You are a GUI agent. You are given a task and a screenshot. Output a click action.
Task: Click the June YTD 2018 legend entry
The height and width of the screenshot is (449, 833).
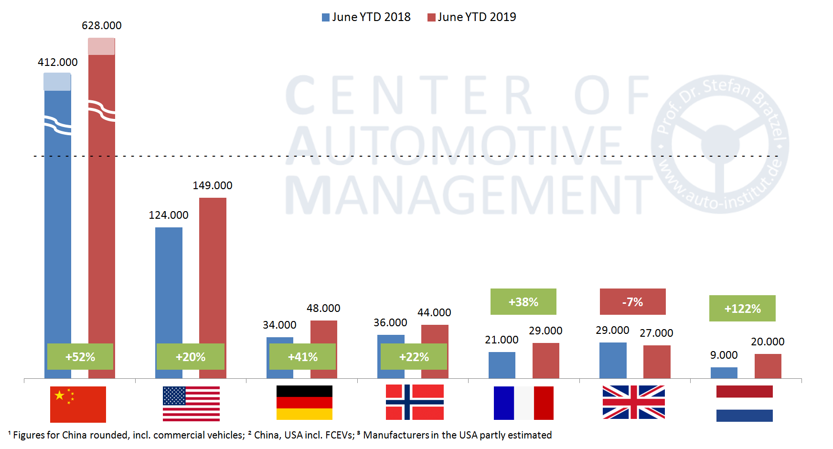(366, 17)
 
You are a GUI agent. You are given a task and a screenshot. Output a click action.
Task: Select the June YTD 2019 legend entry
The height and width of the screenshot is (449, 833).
(472, 17)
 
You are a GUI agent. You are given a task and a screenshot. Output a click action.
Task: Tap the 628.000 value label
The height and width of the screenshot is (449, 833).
(102, 25)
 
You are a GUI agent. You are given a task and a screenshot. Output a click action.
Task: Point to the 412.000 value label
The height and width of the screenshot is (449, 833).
(58, 62)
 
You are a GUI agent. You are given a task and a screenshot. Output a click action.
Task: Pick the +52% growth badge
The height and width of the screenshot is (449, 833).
(80, 357)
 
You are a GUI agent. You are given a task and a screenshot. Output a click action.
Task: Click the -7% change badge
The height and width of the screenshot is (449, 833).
(632, 302)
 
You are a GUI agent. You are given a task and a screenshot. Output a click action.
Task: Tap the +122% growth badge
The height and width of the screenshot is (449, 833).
(742, 309)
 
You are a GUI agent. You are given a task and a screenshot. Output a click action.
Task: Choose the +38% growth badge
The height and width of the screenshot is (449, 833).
(523, 302)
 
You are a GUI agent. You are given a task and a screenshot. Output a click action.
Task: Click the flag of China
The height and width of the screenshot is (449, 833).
(78, 404)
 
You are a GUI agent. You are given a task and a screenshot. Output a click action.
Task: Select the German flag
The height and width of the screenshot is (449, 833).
(304, 403)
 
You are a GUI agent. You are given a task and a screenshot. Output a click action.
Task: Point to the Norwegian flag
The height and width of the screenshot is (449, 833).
(415, 402)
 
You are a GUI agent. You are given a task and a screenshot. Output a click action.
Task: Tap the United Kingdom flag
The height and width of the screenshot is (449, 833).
(633, 402)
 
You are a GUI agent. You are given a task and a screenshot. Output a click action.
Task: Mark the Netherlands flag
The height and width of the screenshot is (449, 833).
(744, 404)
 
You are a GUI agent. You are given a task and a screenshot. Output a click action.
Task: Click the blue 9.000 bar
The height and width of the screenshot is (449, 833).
(724, 373)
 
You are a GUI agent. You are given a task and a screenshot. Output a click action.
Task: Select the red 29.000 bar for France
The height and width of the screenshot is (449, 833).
(545, 361)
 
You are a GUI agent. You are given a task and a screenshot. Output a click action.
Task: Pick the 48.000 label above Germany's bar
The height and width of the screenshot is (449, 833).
(323, 308)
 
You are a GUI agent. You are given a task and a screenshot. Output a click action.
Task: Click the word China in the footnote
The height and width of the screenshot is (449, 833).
(75, 435)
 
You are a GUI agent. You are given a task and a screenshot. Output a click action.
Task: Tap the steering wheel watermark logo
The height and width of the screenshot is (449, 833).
(720, 144)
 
